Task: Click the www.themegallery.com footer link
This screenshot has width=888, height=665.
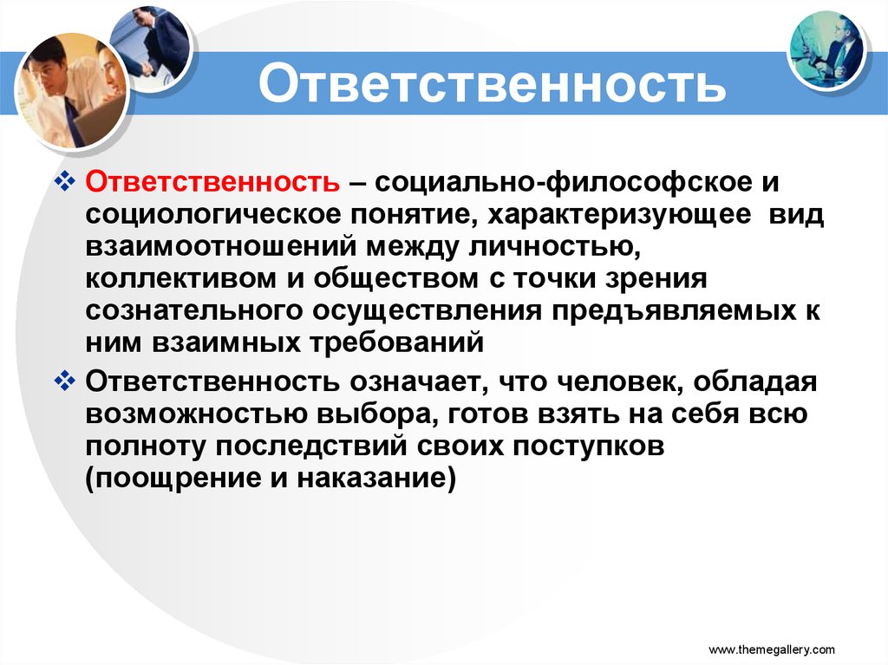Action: (772, 649)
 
